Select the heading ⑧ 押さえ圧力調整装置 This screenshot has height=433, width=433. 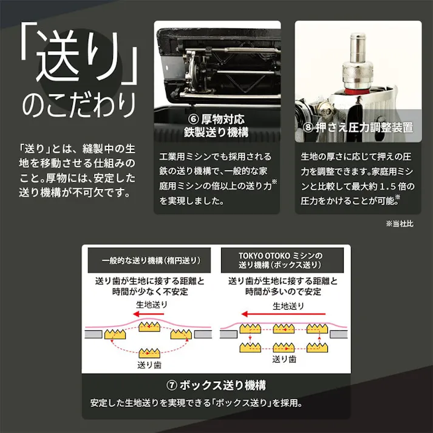click(358, 128)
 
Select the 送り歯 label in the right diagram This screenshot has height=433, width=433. click(283, 359)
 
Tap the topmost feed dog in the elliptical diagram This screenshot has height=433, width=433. click(149, 327)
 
